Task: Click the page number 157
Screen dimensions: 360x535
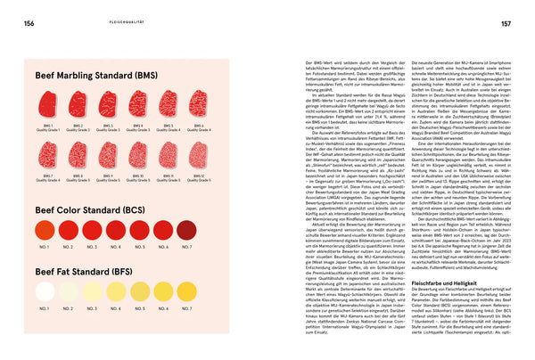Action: [x=506, y=24]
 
